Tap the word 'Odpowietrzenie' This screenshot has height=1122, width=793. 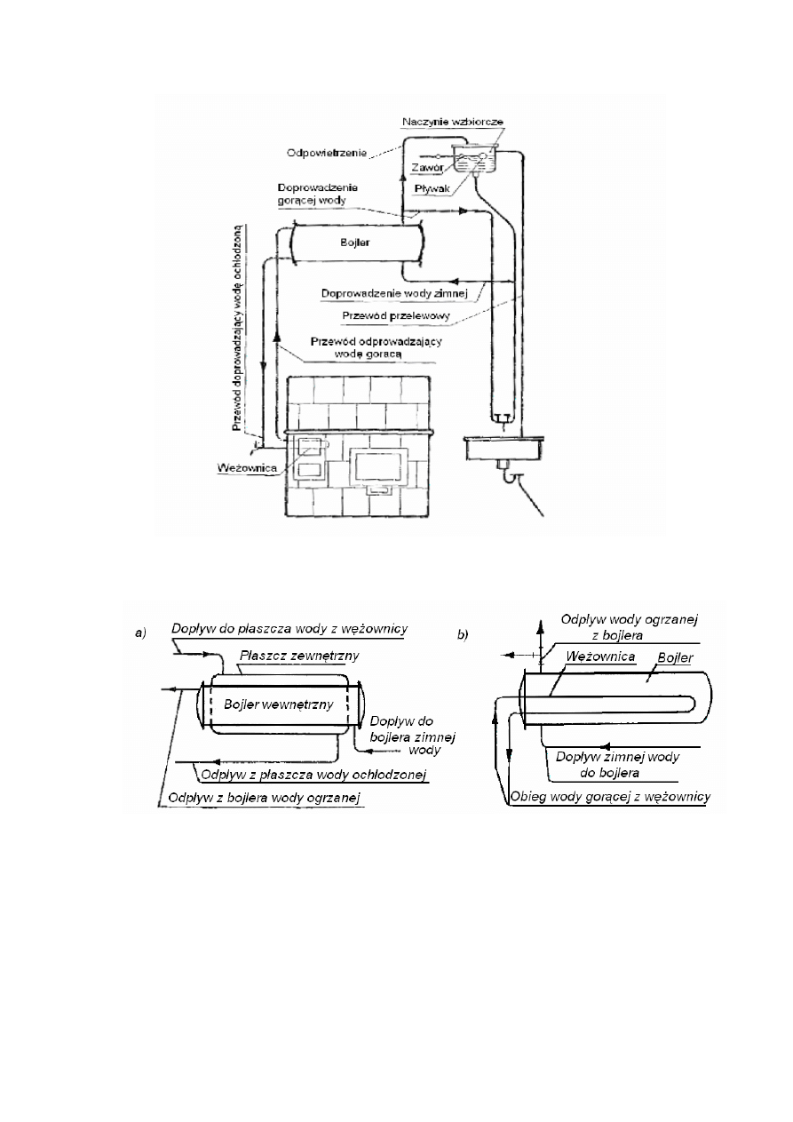coord(317,150)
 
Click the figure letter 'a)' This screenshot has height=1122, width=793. coord(139,633)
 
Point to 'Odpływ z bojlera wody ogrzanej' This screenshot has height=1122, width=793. coord(260,800)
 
